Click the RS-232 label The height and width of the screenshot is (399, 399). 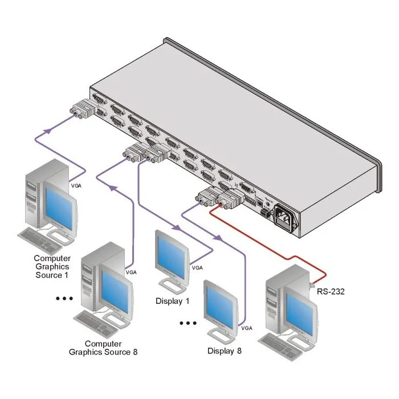[330, 291]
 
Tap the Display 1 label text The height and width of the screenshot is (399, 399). [172, 301]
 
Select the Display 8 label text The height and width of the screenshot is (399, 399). [224, 351]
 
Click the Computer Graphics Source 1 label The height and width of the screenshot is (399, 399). [52, 266]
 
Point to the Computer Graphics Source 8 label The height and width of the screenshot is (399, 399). [103, 348]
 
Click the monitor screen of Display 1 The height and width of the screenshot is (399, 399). [171, 257]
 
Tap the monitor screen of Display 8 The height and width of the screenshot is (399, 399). [220, 307]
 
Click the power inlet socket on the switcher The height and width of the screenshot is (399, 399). [286, 218]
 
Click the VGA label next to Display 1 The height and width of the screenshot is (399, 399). [197, 268]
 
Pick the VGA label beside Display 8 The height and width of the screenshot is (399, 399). [247, 328]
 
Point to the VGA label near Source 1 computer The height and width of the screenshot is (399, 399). [76, 186]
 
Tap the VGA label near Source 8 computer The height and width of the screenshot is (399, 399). [131, 272]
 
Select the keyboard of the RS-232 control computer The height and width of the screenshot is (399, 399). [280, 345]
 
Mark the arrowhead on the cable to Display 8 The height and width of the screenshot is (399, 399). [217, 238]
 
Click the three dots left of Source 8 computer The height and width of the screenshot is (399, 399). [64, 298]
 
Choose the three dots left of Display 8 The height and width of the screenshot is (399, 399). [188, 323]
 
